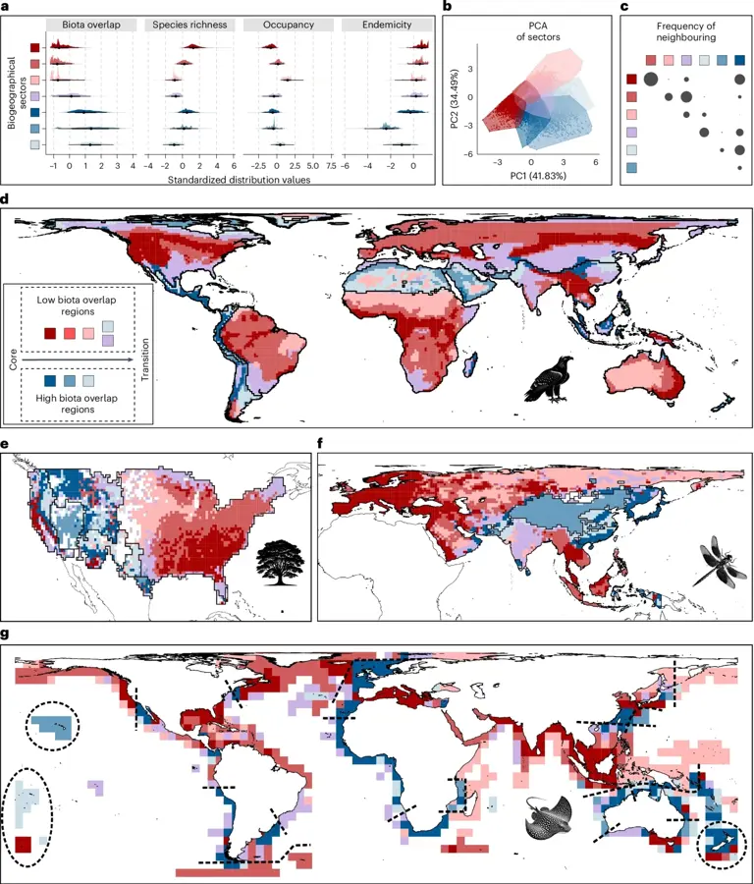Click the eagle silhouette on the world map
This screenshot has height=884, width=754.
coord(546,381)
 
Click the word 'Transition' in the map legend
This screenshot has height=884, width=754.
coord(144,355)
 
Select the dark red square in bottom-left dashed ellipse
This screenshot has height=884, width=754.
coord(24,844)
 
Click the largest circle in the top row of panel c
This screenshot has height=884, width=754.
coord(650,80)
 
